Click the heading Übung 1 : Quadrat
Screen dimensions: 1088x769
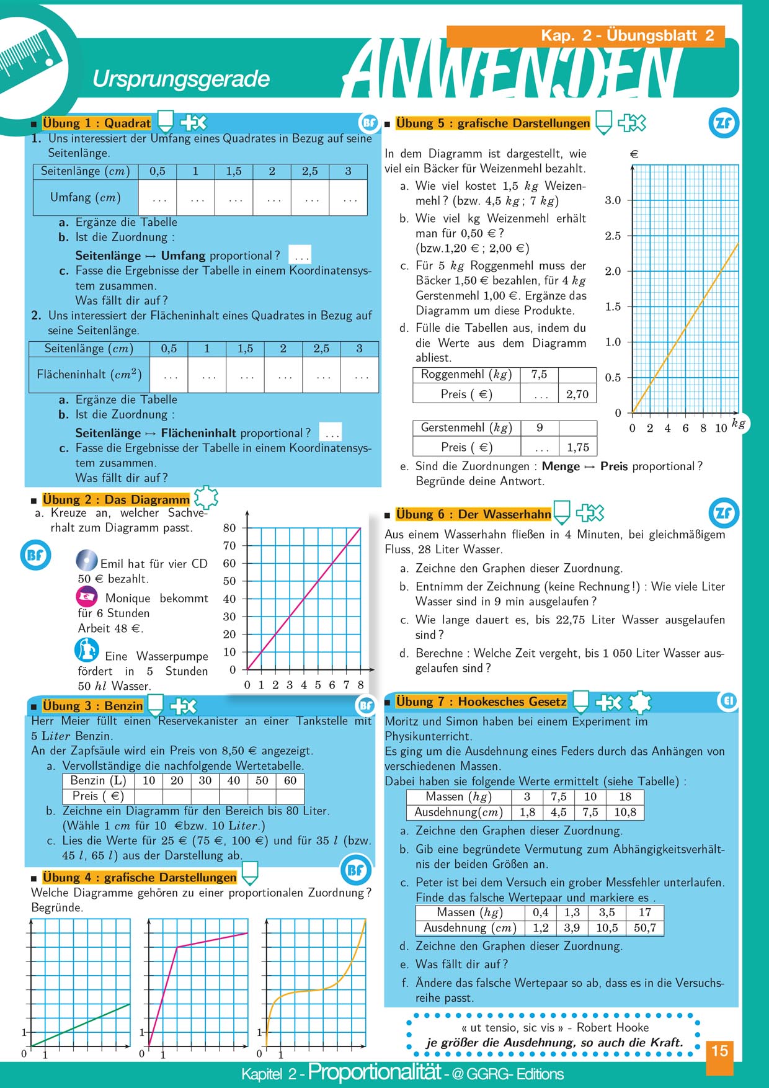pos(96,123)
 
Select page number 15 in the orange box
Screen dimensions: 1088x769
pos(719,1051)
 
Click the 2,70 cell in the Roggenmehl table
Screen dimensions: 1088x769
pos(577,394)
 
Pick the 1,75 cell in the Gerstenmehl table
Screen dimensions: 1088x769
pos(577,447)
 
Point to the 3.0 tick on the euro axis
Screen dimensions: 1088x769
pos(613,200)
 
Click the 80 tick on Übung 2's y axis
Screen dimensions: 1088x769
pos(229,528)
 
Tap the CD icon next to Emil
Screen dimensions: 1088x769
pos(86,561)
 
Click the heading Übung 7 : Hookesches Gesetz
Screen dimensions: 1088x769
pos(481,702)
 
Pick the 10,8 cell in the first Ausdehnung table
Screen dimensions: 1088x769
pos(625,812)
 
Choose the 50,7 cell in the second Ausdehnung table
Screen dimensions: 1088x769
pos(645,928)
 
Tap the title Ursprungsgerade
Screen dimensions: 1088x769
pos(180,79)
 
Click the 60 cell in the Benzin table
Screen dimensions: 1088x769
pos(290,780)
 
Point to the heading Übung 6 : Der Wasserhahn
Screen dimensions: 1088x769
pos(473,514)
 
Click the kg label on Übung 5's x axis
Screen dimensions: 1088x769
pos(738,423)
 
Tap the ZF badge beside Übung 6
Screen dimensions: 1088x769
pos(723,513)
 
